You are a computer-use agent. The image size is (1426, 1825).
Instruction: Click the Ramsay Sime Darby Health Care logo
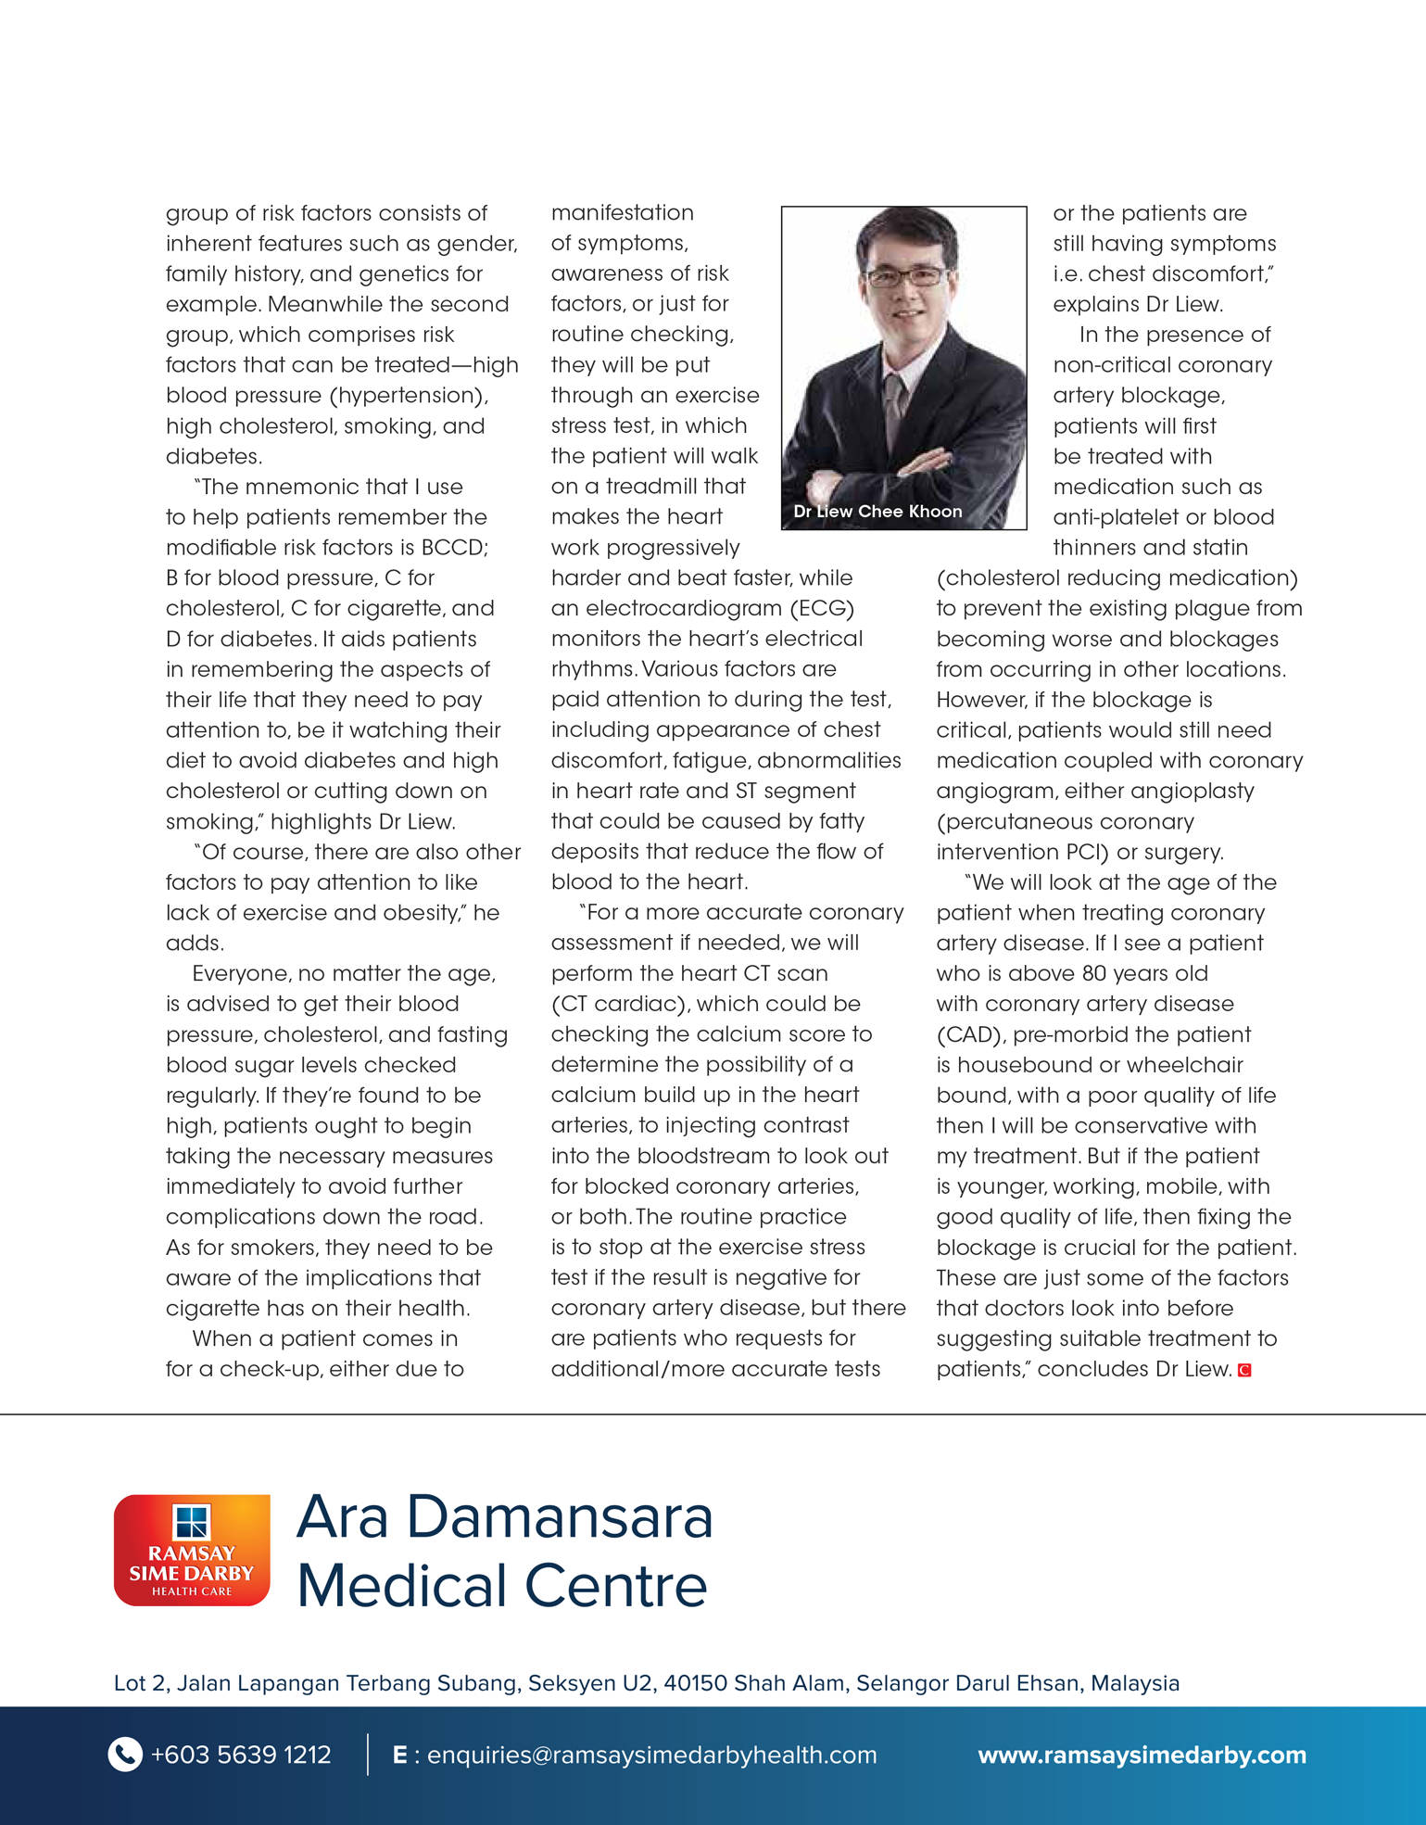(x=192, y=1549)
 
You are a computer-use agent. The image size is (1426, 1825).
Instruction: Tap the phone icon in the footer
(x=125, y=1754)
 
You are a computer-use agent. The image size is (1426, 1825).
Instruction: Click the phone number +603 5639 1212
(x=241, y=1755)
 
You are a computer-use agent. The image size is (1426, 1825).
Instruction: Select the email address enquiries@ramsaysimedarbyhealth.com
(x=651, y=1755)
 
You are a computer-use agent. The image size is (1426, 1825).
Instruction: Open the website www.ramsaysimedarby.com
(x=1142, y=1755)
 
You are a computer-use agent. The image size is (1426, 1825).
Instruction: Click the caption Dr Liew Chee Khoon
(x=877, y=511)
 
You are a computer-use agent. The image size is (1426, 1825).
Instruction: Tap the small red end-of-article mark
(x=1244, y=1370)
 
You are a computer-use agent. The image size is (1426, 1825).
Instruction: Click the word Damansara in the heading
(x=559, y=1517)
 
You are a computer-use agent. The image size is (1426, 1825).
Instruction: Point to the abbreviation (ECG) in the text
(x=822, y=608)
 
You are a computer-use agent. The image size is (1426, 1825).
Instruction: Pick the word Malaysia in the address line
(x=1134, y=1683)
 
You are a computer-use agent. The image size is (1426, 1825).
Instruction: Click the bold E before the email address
(x=400, y=1755)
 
